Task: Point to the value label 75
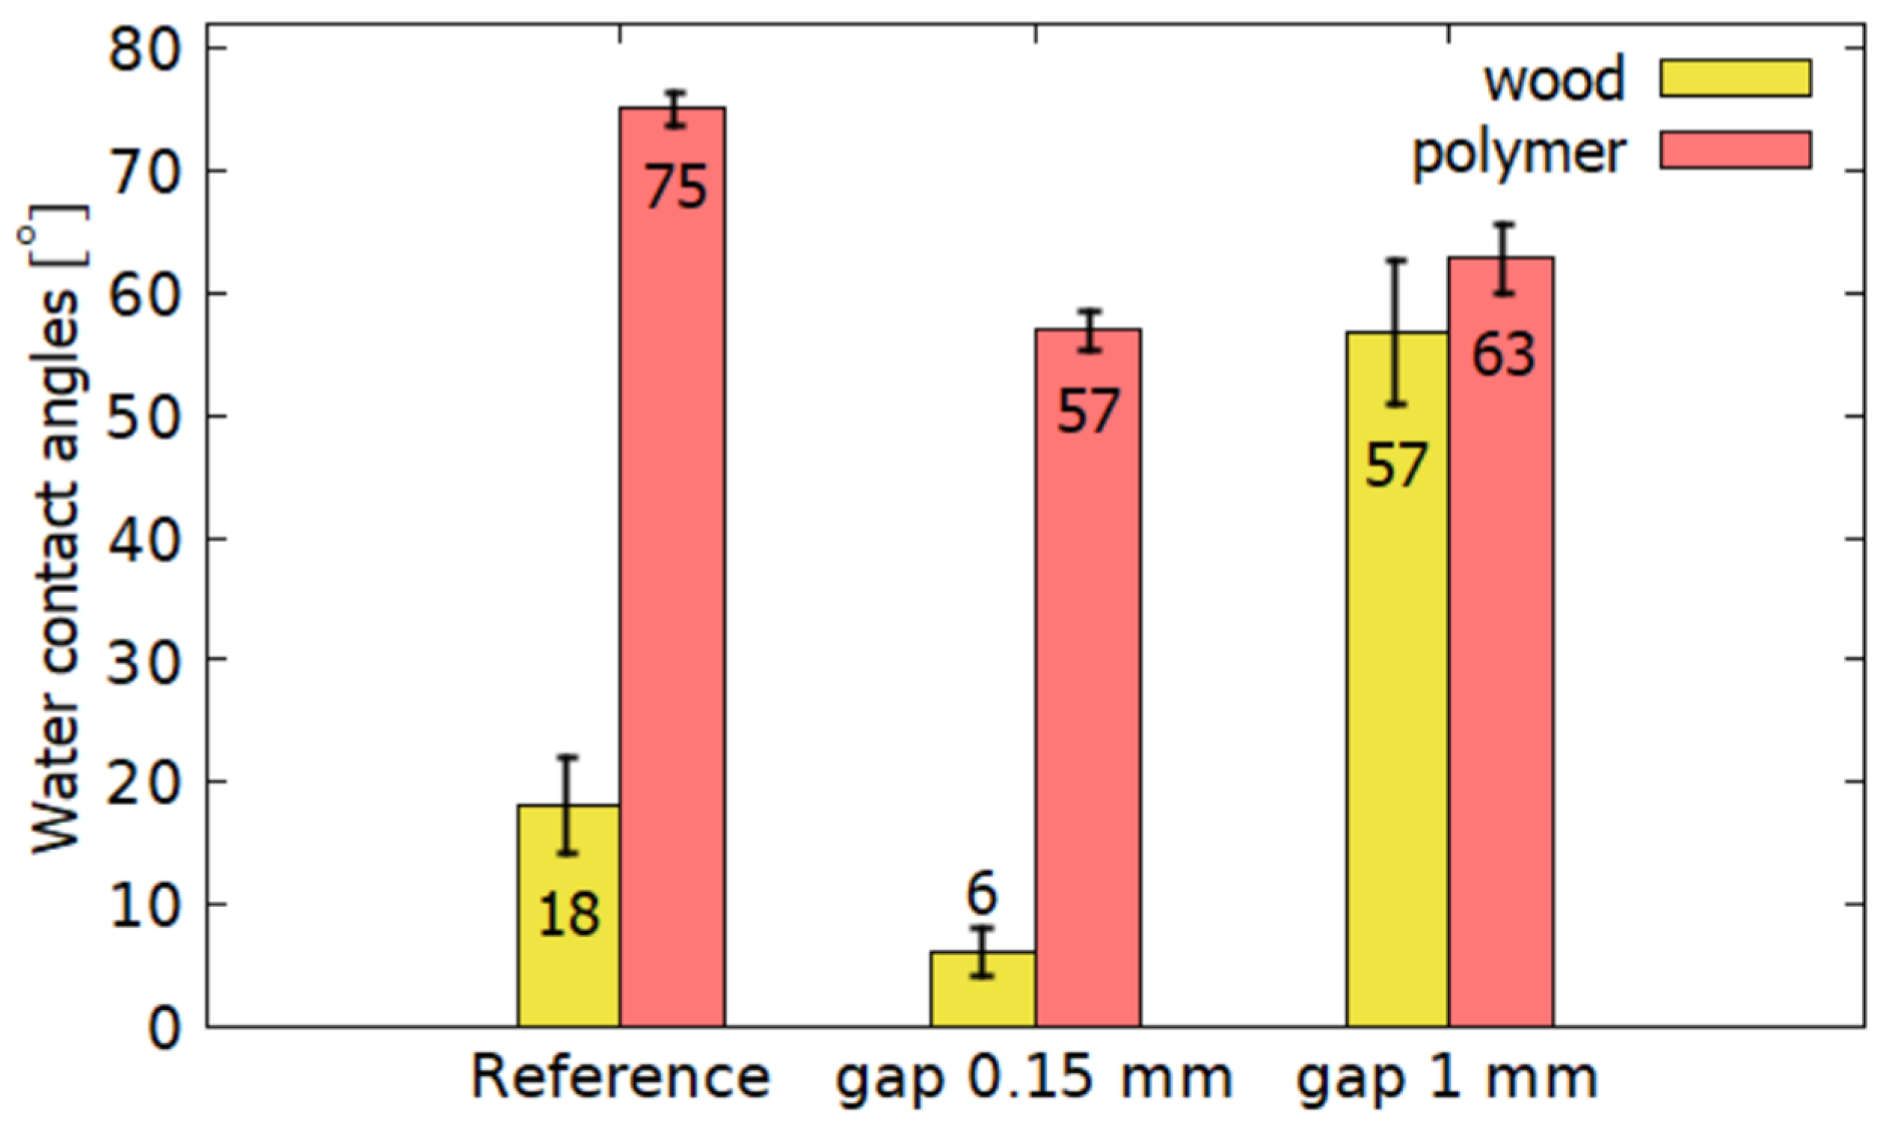click(x=675, y=188)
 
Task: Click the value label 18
click(x=568, y=914)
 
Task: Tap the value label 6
click(x=981, y=896)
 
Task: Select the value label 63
click(x=1503, y=355)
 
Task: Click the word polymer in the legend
click(x=1519, y=155)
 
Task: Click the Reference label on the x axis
click(x=621, y=1078)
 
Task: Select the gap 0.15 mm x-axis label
click(x=1034, y=1080)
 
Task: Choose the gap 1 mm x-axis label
click(x=1447, y=1078)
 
